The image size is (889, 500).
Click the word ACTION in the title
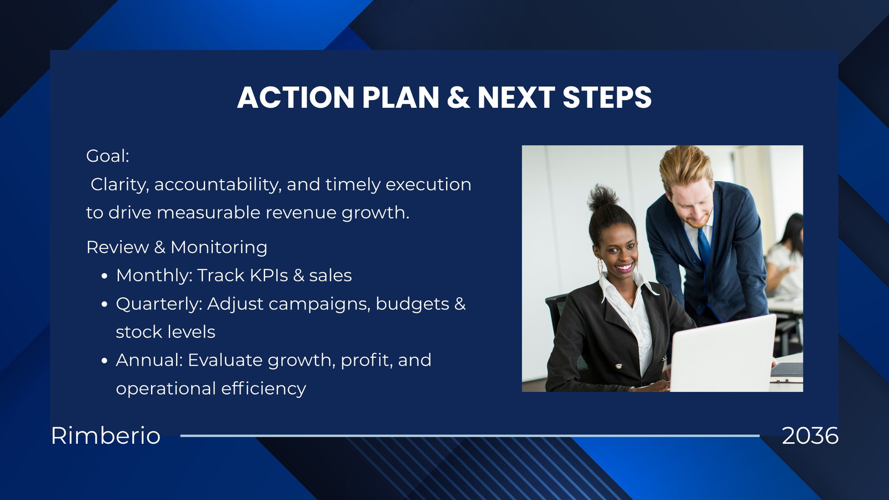click(x=296, y=97)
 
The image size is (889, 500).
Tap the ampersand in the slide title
click(x=458, y=97)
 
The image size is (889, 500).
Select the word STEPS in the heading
click(x=607, y=97)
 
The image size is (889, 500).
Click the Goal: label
click(x=108, y=156)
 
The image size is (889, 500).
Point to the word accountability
click(x=218, y=185)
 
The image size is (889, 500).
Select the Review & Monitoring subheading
click(x=177, y=247)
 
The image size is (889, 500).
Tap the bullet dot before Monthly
click(x=104, y=276)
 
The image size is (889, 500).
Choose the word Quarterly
click(x=159, y=304)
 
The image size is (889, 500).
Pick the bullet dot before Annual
click(x=104, y=361)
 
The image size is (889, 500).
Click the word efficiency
click(x=263, y=388)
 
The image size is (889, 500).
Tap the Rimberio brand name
click(x=106, y=436)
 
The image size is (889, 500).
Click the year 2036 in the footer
click(x=810, y=436)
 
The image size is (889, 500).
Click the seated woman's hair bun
click(x=602, y=197)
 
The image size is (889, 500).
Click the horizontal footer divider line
click(x=470, y=436)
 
